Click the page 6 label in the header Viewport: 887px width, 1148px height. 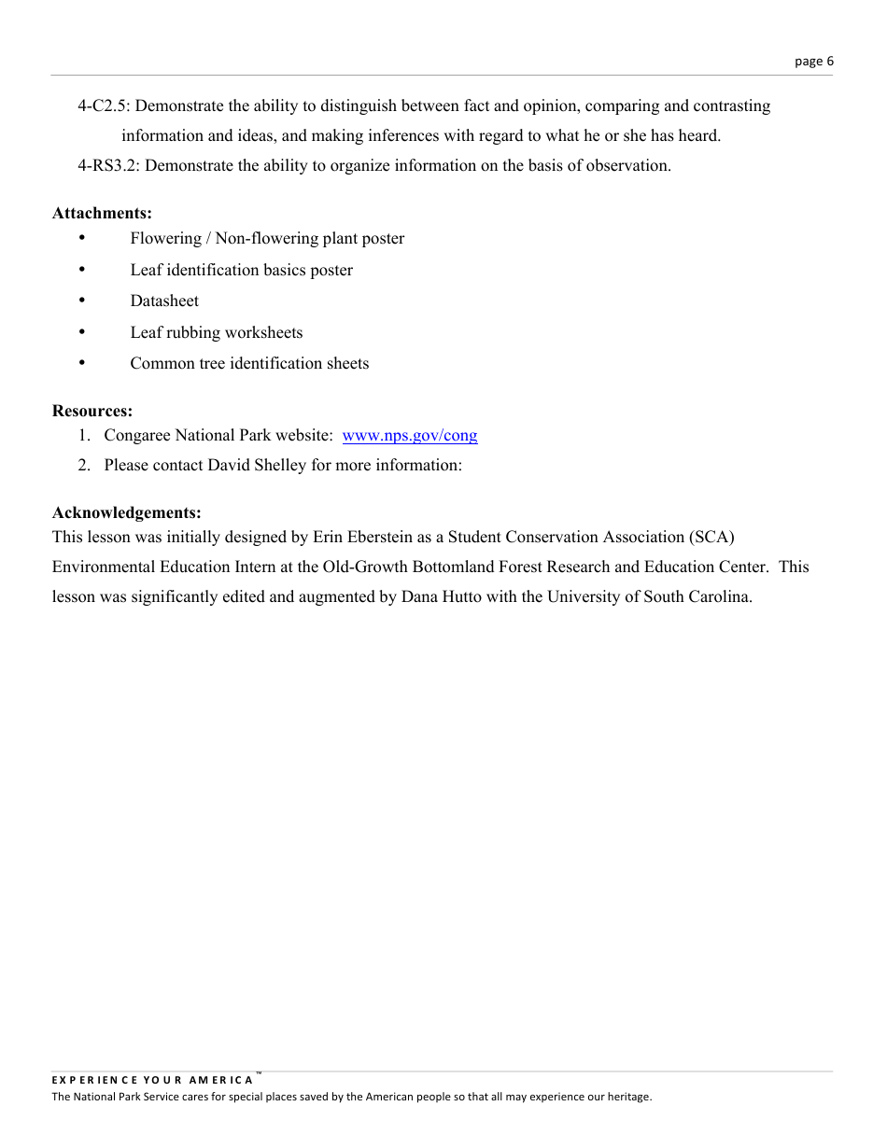[813, 62]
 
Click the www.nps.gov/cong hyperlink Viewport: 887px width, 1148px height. [410, 435]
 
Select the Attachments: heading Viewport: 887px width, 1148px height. [102, 213]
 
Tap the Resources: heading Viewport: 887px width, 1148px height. [92, 411]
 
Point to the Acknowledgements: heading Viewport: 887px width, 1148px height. [127, 512]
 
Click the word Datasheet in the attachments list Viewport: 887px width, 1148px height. [164, 301]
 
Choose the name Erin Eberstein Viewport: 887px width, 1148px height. [366, 537]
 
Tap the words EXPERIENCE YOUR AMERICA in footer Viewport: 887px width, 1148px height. [152, 1080]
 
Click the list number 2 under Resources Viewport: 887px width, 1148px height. [84, 465]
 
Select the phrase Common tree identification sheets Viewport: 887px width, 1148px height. [249, 363]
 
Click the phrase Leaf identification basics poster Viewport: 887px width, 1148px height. [241, 270]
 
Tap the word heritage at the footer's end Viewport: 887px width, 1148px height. [627, 1097]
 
